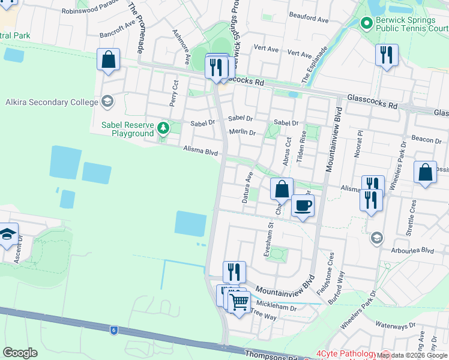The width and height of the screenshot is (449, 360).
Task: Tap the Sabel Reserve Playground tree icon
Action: (163, 128)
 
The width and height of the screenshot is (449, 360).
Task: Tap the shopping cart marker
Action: (239, 302)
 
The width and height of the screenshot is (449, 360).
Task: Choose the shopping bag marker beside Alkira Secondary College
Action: (108, 60)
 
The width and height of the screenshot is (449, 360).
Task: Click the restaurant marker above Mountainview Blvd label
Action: (234, 272)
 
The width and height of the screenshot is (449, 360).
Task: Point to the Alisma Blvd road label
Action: (200, 152)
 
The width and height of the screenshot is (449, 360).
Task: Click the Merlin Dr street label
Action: (243, 133)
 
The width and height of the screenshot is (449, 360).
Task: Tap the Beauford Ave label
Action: (309, 20)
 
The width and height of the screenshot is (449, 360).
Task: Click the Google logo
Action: (20, 353)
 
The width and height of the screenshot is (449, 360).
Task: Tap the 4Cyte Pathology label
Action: (345, 353)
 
